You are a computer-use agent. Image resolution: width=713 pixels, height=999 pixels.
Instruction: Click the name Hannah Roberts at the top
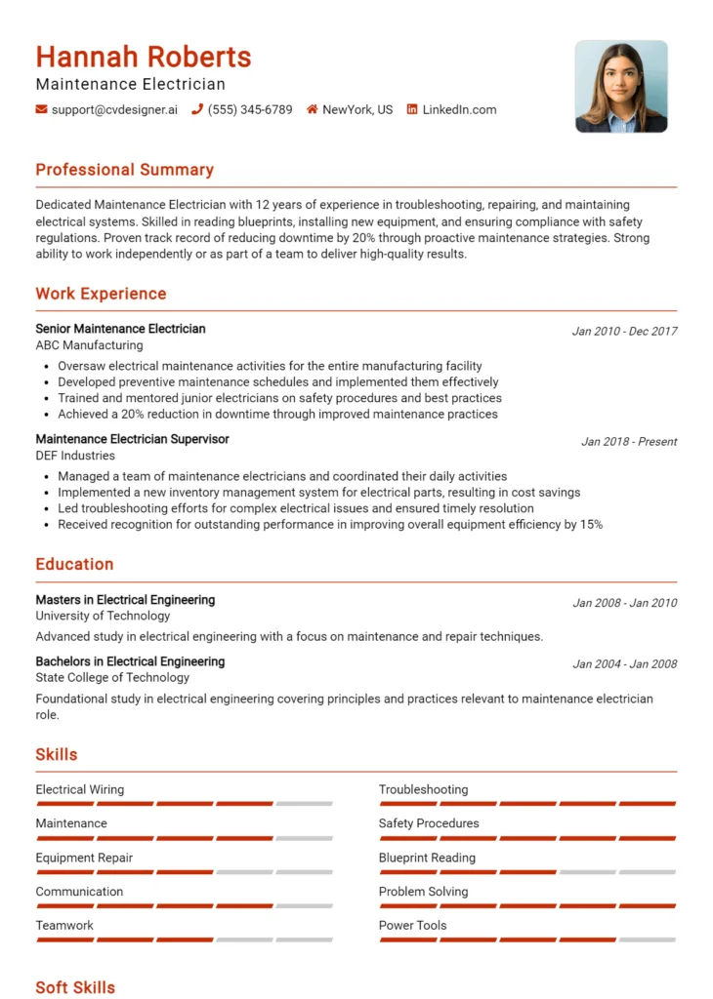144,57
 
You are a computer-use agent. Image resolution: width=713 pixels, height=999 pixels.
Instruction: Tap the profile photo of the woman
621,86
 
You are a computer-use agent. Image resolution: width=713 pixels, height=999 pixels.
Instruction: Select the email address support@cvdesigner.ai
114,110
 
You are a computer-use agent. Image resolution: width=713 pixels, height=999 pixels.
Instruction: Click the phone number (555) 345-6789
249,110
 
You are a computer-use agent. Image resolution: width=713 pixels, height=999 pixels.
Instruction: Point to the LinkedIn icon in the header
412,110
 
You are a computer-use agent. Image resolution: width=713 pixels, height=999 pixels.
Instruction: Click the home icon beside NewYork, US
313,110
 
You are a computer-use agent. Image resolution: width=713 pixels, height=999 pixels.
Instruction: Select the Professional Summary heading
124,170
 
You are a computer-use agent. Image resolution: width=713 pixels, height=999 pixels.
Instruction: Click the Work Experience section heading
101,294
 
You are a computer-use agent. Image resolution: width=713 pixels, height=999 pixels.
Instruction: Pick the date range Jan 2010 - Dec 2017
624,332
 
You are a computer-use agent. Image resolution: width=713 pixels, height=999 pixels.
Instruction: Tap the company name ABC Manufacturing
89,345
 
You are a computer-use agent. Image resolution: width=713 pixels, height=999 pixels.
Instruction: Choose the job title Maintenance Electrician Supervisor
132,439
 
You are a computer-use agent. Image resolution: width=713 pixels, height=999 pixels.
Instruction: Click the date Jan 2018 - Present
629,442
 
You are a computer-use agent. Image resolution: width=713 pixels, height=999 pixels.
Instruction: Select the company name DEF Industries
75,456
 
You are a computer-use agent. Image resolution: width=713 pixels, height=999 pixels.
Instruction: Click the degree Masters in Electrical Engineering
125,600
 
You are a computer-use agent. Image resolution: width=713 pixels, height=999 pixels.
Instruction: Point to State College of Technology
112,677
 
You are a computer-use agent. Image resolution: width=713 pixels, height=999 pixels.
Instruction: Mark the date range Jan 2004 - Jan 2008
624,664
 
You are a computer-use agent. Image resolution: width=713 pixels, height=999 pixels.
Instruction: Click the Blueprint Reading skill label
427,858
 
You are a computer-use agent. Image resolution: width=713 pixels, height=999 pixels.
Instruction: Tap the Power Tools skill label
412,925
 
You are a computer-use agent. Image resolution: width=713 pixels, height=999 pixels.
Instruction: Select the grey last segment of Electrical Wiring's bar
304,804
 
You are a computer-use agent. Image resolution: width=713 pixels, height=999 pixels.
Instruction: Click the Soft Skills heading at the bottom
75,987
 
